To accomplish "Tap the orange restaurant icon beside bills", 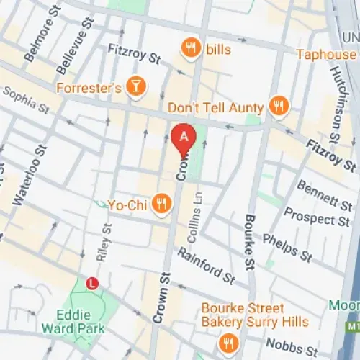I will (x=190, y=48).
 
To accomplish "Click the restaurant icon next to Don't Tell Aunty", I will (x=277, y=107).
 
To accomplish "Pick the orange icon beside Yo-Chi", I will (x=163, y=204).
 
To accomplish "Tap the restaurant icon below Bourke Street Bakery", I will (x=230, y=341).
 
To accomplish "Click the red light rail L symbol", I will (x=91, y=284).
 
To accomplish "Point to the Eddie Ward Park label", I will (x=81, y=321).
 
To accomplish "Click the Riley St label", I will (x=107, y=242).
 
